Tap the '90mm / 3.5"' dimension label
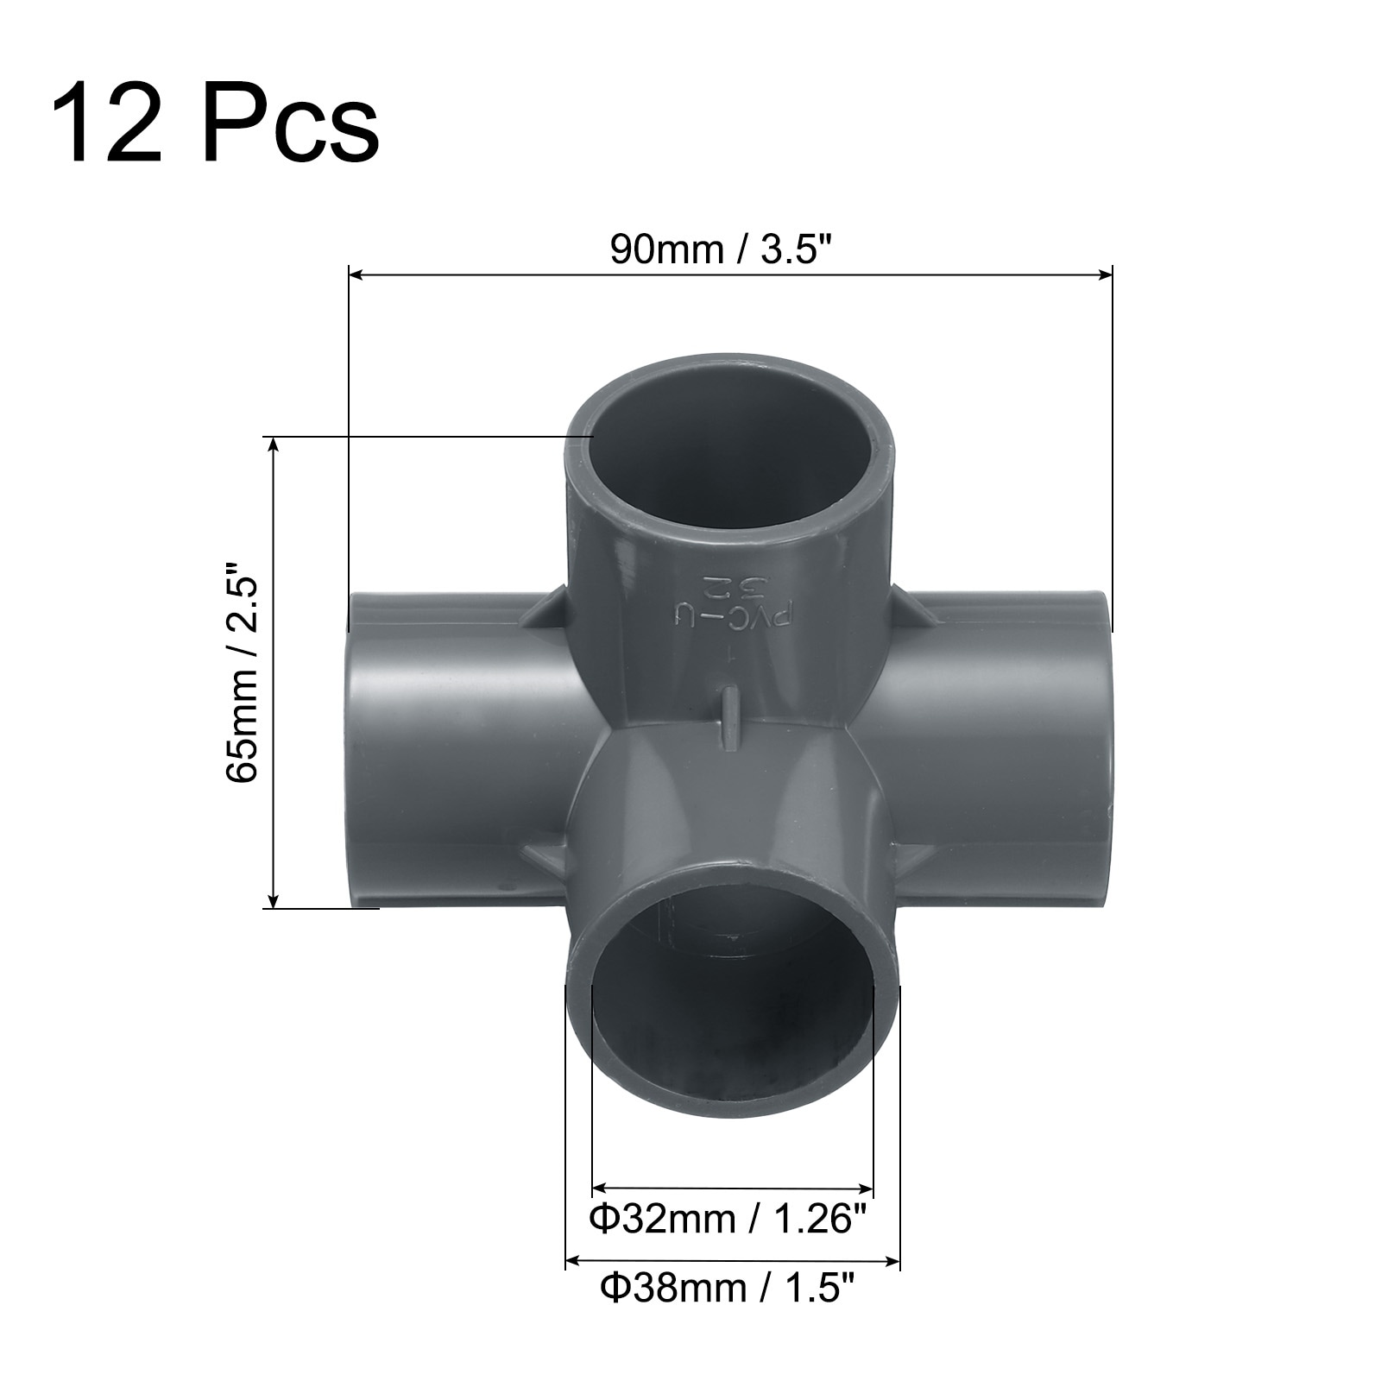pyautogui.click(x=722, y=249)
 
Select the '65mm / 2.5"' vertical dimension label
pyautogui.click(x=242, y=673)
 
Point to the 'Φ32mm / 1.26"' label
pyautogui.click(x=728, y=1220)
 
